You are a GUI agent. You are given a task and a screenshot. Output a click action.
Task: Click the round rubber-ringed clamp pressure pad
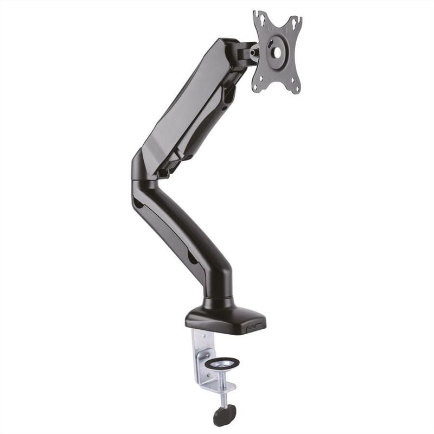(224, 361)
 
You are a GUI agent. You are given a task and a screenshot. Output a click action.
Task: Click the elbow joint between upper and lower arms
(142, 174)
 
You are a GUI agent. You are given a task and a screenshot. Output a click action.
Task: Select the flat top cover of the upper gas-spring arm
(179, 98)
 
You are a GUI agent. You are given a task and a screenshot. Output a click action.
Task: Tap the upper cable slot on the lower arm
(140, 205)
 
